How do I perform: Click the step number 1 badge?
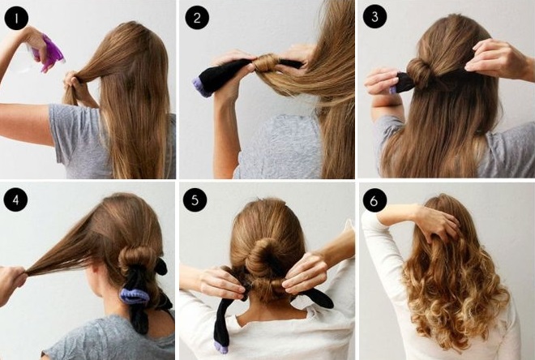pyautogui.click(x=16, y=18)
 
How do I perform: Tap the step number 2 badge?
pyautogui.click(x=197, y=17)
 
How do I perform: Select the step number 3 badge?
pyautogui.click(x=374, y=16)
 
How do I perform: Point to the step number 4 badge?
pyautogui.click(x=15, y=199)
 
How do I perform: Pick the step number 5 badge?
pyautogui.click(x=195, y=200)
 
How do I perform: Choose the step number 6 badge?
pyautogui.click(x=374, y=200)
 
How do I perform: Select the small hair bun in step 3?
pyautogui.click(x=419, y=73)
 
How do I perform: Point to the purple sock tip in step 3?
pyautogui.click(x=393, y=90)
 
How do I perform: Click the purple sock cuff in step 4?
pyautogui.click(x=135, y=295)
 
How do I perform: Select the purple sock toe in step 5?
pyautogui.click(x=220, y=347)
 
